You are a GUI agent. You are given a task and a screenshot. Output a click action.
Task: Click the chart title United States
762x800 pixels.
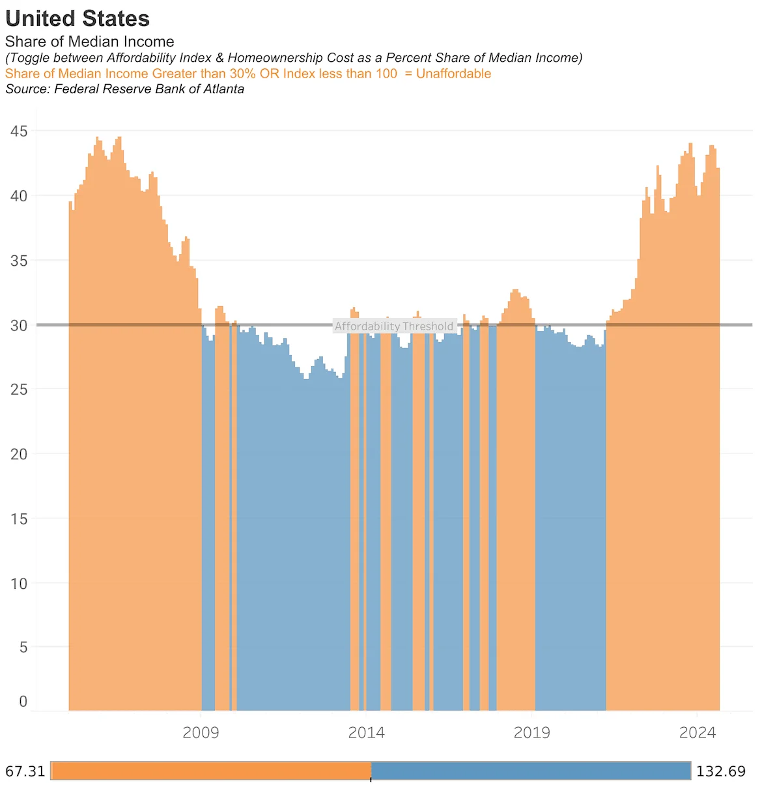78,18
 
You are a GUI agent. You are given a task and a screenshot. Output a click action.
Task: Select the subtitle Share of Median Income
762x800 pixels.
89,42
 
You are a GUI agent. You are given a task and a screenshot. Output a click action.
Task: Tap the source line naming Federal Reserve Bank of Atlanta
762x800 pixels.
124,89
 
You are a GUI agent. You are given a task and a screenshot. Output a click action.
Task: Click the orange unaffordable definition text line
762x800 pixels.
247,74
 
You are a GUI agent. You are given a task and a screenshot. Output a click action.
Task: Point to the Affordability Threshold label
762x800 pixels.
394,326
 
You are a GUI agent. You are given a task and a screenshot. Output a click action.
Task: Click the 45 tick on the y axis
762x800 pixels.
19,132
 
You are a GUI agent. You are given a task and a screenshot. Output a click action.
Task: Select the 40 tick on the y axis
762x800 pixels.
19,196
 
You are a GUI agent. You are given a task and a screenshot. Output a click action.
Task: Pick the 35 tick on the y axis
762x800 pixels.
19,261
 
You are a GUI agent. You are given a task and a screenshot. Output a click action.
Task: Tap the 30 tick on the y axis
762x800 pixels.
19,325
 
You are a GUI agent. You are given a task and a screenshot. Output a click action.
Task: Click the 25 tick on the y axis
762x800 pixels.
19,390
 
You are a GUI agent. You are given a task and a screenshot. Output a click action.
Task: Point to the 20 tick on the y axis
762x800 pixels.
19,454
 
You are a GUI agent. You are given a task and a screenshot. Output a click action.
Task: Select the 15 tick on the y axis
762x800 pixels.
19,519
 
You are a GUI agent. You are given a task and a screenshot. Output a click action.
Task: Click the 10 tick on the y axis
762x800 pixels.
19,584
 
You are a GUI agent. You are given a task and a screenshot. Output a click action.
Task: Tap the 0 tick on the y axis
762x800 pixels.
23,702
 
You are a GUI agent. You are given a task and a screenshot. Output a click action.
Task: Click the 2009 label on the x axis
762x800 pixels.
201,733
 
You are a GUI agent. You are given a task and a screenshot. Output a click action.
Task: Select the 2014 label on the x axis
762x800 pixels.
366,733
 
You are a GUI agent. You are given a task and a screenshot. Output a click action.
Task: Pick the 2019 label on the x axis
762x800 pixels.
531,733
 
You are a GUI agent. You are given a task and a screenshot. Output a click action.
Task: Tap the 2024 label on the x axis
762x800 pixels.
697,733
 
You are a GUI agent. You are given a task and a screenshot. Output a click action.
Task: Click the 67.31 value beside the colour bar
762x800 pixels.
25,771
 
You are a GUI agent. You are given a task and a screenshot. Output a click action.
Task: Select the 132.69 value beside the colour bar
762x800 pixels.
720,771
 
